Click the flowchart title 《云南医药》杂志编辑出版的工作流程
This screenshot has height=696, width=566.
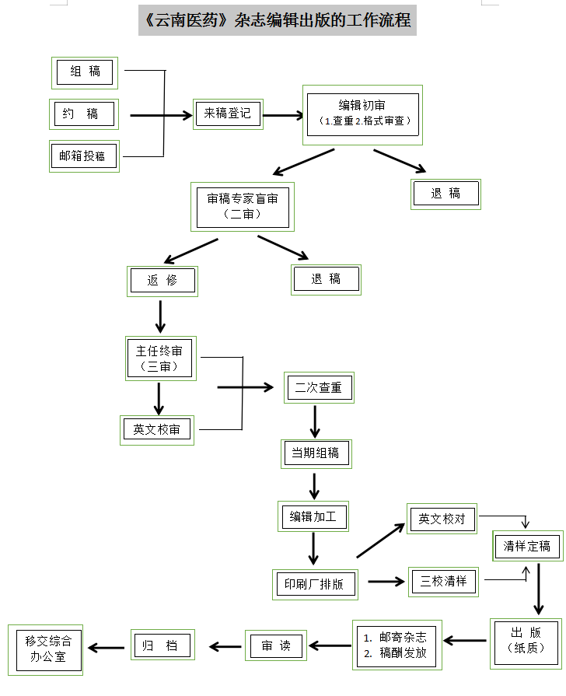(278, 20)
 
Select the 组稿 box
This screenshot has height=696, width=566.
(85, 72)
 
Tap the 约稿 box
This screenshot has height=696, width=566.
(85, 114)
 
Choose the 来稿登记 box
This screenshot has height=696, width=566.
(228, 114)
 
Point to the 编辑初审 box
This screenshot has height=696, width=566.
(362, 114)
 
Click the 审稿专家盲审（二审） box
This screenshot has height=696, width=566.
(243, 206)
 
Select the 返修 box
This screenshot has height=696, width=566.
(162, 281)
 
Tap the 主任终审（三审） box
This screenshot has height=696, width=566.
(160, 358)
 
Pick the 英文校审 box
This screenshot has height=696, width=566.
(157, 429)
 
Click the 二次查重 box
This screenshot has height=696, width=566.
(319, 387)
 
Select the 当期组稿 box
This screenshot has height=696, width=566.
(316, 453)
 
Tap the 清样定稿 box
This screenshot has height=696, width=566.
(527, 546)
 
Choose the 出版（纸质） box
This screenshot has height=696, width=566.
(526, 642)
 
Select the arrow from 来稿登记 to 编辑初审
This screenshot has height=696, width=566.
(283, 116)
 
